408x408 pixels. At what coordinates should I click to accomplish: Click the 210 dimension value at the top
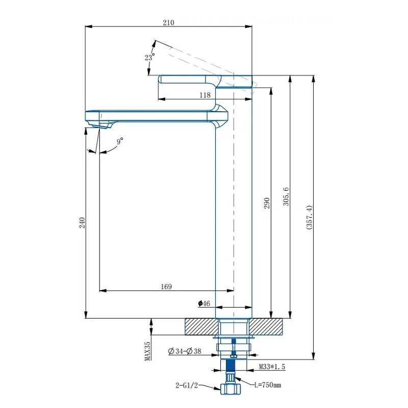[168, 22]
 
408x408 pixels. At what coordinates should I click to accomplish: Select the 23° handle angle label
[149, 57]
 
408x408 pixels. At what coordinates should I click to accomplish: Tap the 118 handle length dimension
[205, 95]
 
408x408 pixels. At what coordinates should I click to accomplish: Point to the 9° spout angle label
[120, 141]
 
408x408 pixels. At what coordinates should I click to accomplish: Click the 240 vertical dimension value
[82, 223]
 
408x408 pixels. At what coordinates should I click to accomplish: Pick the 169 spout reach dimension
[166, 287]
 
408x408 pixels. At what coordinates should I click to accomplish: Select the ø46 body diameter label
[204, 303]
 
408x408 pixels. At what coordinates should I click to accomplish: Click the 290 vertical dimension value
[267, 203]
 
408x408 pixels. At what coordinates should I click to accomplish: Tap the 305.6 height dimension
[286, 196]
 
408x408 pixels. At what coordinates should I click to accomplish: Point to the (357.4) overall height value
[309, 217]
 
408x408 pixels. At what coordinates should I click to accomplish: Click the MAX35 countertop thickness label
[147, 351]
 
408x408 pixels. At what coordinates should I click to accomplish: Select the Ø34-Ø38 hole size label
[185, 351]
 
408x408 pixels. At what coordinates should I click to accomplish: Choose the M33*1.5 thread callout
[272, 367]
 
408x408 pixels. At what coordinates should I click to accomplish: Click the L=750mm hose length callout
[268, 385]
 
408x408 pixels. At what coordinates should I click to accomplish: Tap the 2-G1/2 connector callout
[187, 386]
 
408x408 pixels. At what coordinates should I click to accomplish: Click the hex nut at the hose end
[231, 389]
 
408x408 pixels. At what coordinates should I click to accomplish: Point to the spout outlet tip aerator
[101, 125]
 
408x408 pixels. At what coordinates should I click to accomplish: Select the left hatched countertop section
[201, 326]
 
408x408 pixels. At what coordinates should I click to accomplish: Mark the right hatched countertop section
[266, 326]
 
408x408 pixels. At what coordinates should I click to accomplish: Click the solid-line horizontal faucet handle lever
[206, 82]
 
